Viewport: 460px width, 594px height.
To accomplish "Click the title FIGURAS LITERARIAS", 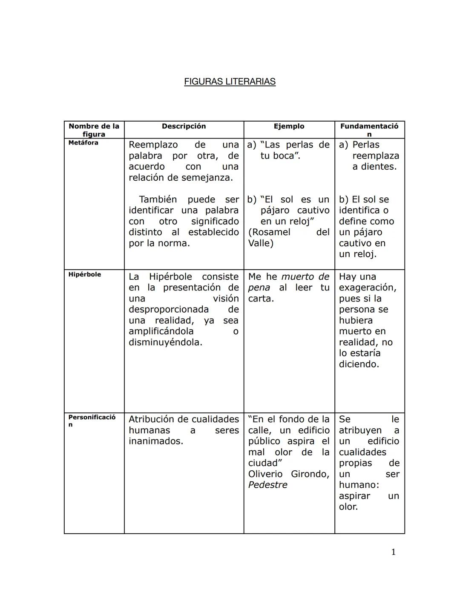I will coord(230,82).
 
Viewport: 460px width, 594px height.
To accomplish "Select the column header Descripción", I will coord(184,126).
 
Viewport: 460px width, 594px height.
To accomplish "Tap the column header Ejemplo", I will coord(289,126).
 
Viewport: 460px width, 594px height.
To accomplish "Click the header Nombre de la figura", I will coord(94,130).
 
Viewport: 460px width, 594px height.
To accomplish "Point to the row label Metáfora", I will coord(83,143).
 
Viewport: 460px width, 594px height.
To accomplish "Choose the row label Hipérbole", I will coord(85,274).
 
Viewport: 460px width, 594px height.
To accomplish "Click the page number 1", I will coord(393,552).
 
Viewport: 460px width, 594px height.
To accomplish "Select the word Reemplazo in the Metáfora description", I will coord(153,145).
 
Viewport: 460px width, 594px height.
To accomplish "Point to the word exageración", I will coord(367,288).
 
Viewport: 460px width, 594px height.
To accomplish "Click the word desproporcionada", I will coord(169,310).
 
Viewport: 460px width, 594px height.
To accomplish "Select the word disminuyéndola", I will coord(165,342).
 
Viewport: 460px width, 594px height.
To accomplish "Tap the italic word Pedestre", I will coord(267,485).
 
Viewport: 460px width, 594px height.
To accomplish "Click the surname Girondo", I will coord(310,474).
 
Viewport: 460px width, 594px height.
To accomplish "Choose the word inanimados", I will coord(156,441).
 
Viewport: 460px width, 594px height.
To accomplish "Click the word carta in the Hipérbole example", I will coord(260,298).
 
